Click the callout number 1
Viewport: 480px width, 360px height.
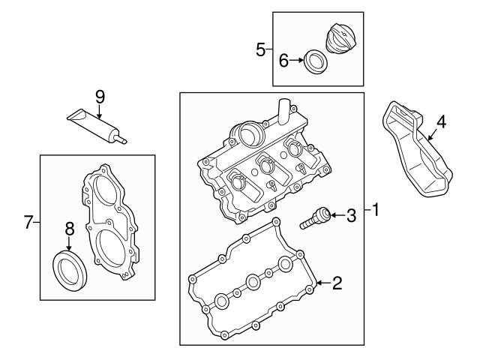pyautogui.click(x=376, y=211)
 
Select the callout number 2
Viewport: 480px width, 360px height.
pyautogui.click(x=337, y=283)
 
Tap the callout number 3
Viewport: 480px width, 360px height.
pyautogui.click(x=350, y=217)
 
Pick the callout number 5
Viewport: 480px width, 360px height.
pyautogui.click(x=260, y=50)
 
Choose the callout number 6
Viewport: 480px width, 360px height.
pyautogui.click(x=283, y=61)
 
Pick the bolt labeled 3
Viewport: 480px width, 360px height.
pyautogui.click(x=315, y=218)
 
